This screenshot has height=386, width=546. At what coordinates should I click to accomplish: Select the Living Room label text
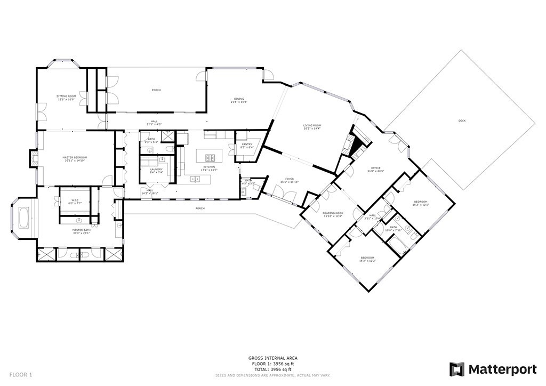coord(312,126)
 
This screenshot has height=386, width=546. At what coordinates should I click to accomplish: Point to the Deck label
coord(462,121)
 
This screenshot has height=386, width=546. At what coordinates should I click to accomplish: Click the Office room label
coord(376,170)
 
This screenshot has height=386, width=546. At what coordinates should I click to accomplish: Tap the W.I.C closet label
coord(75,202)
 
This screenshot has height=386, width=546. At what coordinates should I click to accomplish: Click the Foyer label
coord(290,180)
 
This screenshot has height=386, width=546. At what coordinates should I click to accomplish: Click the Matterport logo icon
coord(456,369)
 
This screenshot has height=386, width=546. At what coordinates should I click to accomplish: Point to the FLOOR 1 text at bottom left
coord(21,375)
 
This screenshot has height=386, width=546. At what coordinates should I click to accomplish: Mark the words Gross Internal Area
coord(273,358)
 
